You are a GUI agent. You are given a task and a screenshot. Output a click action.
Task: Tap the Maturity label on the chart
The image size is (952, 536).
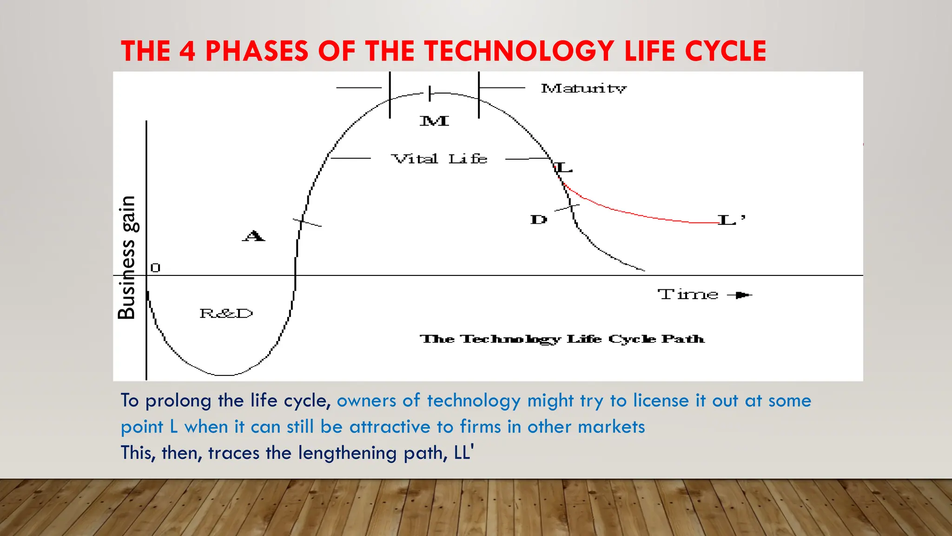tap(583, 88)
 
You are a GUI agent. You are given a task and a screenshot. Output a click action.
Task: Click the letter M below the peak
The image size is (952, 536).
tap(434, 121)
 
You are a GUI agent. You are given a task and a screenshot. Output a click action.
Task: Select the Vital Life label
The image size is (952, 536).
tap(439, 159)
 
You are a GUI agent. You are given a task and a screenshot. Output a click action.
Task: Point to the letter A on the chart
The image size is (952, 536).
tap(253, 236)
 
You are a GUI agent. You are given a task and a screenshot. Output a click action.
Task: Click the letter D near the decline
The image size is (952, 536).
tap(539, 220)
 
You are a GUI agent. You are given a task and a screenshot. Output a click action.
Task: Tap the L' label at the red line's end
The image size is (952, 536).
tap(731, 220)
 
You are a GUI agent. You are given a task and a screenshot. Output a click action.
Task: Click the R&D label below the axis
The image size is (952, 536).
tap(226, 314)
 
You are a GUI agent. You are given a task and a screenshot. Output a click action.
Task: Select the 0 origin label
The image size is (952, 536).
tap(155, 268)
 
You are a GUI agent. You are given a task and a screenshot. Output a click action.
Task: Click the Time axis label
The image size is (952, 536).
tap(688, 295)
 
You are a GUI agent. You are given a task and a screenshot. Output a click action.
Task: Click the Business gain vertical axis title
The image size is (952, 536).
tap(126, 257)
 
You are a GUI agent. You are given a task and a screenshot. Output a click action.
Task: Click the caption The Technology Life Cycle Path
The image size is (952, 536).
tap(562, 339)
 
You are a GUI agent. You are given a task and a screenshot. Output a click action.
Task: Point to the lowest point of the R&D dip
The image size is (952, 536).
tap(225, 375)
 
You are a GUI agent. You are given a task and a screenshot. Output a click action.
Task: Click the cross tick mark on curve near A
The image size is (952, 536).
tap(303, 222)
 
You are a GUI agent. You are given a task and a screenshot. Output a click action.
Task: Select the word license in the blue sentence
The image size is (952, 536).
tap(661, 401)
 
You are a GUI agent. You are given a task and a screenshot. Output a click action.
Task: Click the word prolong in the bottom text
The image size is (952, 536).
tap(178, 401)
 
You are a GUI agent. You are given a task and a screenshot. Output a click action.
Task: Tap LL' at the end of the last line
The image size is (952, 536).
tap(464, 452)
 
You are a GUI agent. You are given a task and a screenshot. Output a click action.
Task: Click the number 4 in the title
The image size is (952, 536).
tap(187, 51)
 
